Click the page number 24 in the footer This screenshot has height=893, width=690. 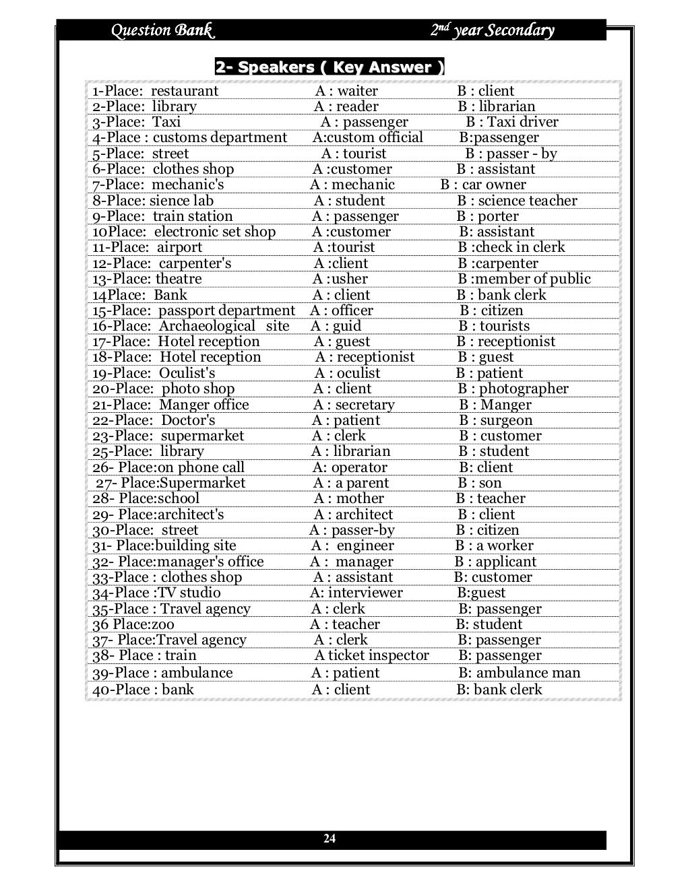(x=330, y=838)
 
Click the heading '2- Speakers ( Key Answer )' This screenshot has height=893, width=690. (x=330, y=67)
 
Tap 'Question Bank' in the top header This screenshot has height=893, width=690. (x=162, y=30)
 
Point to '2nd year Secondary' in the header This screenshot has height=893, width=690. (x=492, y=30)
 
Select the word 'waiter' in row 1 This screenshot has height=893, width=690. (x=357, y=91)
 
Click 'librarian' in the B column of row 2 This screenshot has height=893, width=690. (x=505, y=106)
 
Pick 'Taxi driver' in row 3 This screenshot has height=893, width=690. (x=522, y=122)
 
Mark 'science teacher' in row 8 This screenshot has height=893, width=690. (x=528, y=201)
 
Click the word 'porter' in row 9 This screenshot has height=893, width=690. (x=498, y=216)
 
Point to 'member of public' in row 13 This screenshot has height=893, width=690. (x=534, y=279)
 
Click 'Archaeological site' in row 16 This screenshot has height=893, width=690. (x=224, y=326)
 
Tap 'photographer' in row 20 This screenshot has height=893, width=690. (x=524, y=389)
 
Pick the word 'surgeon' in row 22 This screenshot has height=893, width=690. (x=506, y=420)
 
